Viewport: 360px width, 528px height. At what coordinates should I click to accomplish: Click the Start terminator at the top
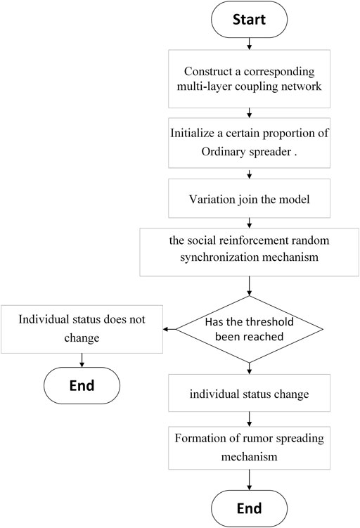point(249,19)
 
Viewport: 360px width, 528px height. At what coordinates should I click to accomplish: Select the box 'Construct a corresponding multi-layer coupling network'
point(249,79)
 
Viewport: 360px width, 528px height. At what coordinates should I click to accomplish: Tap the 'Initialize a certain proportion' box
point(249,143)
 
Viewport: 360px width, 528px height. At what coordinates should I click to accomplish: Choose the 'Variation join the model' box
point(249,198)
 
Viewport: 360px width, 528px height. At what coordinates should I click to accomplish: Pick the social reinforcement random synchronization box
point(249,252)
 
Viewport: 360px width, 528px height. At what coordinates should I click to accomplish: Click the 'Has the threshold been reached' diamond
point(249,329)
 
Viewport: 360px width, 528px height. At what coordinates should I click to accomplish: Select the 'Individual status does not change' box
point(82,329)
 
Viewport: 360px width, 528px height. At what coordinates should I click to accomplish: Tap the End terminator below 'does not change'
point(82,385)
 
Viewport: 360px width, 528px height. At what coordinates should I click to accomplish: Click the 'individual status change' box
point(249,393)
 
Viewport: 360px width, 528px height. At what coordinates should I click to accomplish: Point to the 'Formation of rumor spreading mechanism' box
point(249,448)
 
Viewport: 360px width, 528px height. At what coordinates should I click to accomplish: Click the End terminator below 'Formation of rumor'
point(249,508)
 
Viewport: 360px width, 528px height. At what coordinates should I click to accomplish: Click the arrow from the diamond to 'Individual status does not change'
point(169,329)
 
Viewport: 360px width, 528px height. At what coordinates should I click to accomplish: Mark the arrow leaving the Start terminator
point(249,44)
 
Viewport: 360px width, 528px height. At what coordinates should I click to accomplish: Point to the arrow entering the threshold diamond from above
point(249,286)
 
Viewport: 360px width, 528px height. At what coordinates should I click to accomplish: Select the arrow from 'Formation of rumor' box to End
point(249,479)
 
